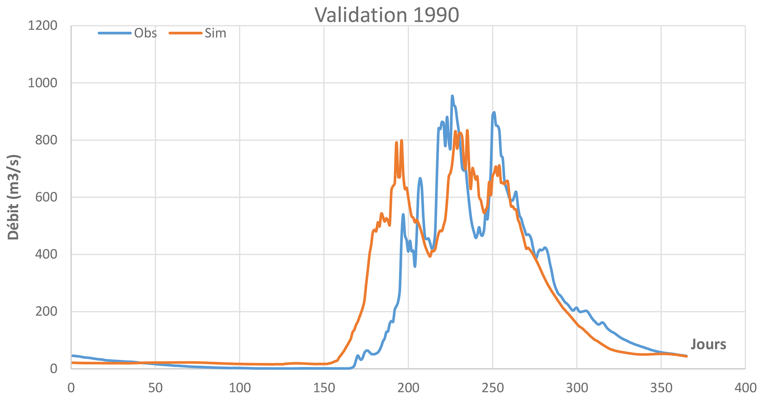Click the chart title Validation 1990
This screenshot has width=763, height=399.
[x=386, y=15]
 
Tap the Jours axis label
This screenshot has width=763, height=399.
[x=708, y=344]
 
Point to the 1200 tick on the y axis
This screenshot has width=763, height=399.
[x=42, y=26]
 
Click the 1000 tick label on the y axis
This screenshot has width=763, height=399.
[x=42, y=83]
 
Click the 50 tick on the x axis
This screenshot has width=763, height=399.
[x=155, y=388]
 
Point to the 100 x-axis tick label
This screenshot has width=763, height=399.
[x=240, y=388]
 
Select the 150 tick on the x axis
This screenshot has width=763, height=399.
[x=324, y=388]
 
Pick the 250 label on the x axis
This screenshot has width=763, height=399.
[x=492, y=388]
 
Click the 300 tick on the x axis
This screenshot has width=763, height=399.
[x=577, y=388]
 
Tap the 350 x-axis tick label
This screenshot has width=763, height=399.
[x=661, y=388]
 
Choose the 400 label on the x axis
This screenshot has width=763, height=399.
[x=745, y=388]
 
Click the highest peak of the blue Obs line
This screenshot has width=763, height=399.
[x=452, y=96]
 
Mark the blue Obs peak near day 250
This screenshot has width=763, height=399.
[x=494, y=112]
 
